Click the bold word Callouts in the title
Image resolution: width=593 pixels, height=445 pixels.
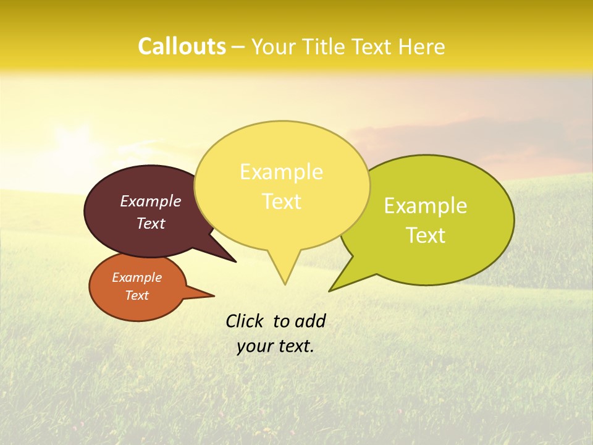(x=182, y=46)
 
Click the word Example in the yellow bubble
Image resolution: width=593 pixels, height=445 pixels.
(x=281, y=172)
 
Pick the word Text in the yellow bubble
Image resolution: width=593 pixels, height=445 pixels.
(x=282, y=201)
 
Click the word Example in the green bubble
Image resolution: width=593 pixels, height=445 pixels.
(x=426, y=206)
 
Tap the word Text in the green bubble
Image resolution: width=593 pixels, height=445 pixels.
(x=426, y=235)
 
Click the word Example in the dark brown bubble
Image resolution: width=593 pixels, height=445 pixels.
(x=151, y=201)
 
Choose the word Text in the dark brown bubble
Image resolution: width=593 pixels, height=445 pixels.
(x=151, y=223)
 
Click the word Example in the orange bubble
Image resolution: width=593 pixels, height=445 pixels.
(x=137, y=278)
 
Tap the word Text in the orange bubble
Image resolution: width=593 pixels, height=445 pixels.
(x=137, y=295)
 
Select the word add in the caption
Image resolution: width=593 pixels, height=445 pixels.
(x=310, y=321)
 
